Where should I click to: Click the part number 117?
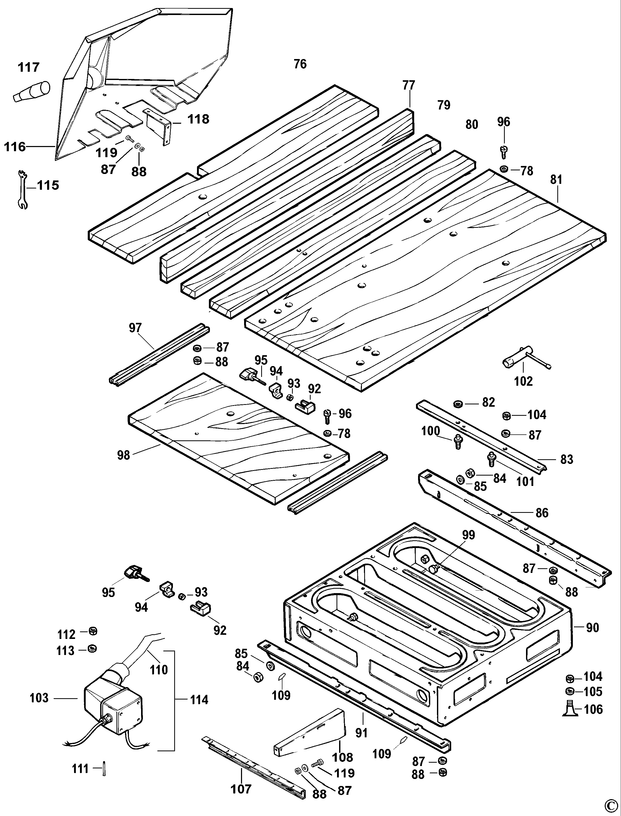click(28, 67)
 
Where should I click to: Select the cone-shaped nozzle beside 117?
click(32, 91)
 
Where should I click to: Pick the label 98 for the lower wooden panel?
click(123, 455)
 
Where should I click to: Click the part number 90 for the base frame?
click(592, 628)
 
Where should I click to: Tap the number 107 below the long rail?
click(241, 789)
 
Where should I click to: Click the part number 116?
click(15, 147)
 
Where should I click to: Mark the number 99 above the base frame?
click(468, 535)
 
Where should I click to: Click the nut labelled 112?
click(93, 631)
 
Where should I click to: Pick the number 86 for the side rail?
click(542, 513)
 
